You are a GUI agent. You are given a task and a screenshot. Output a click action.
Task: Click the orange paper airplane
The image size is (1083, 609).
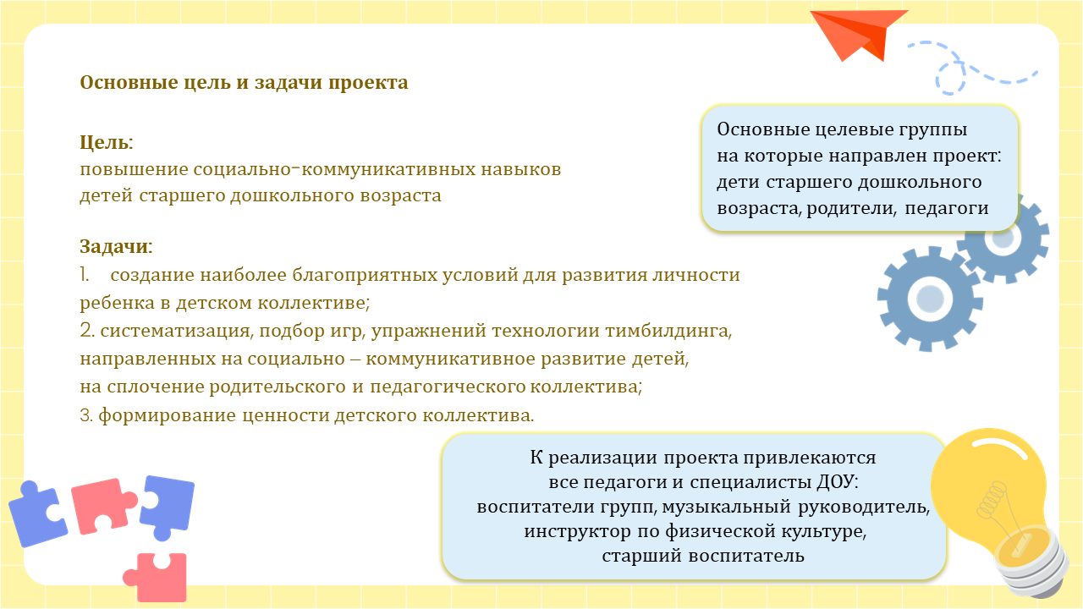click(855, 35)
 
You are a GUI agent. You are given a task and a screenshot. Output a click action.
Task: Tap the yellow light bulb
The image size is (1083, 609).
click(996, 507)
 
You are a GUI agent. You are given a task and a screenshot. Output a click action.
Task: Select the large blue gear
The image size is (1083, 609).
click(929, 299)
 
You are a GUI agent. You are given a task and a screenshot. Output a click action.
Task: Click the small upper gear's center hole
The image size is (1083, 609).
click(1003, 239)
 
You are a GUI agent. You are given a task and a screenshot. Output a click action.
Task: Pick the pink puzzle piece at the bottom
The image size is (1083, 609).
click(156, 577)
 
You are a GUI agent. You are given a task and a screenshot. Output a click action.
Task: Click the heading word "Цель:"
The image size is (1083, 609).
click(107, 143)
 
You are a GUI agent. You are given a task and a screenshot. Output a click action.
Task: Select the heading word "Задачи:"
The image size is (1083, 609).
click(116, 246)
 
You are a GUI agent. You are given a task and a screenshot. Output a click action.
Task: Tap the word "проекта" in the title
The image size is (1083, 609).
click(368, 83)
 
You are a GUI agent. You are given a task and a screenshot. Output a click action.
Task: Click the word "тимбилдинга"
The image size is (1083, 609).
click(668, 331)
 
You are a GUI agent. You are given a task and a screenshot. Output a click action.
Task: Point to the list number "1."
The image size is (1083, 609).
click(85, 275)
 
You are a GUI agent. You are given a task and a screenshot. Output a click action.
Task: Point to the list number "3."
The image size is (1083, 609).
click(86, 415)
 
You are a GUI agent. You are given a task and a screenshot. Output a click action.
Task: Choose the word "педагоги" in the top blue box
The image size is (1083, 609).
click(947, 209)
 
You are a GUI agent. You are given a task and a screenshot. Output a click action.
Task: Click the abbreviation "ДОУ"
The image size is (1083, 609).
click(838, 482)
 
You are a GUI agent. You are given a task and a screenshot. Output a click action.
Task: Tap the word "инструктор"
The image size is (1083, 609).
click(577, 532)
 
